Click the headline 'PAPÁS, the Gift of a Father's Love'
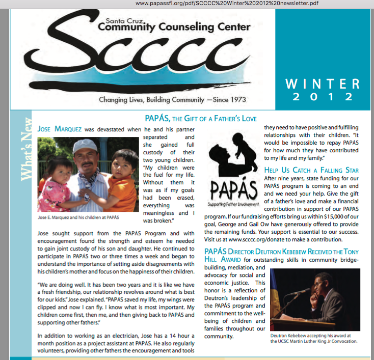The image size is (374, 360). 201,119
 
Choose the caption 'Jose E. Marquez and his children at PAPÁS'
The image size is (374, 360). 79,217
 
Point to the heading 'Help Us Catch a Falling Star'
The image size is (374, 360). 311,170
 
